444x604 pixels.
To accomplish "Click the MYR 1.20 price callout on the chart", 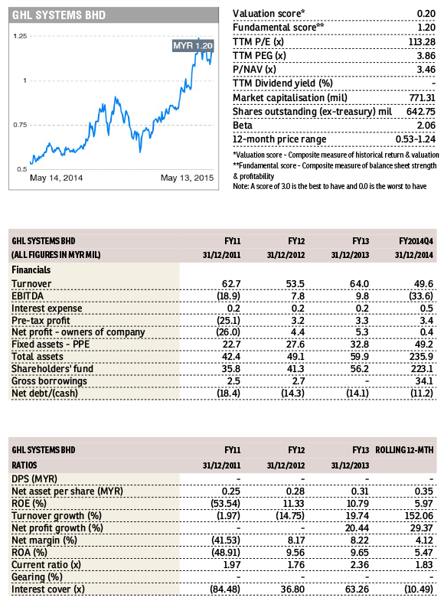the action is click(193, 46).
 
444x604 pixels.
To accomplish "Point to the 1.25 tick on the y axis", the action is click(20, 36).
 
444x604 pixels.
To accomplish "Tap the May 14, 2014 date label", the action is click(56, 178).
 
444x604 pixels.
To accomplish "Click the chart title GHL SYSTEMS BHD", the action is click(59, 15).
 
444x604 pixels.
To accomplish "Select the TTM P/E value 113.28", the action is click(422, 42).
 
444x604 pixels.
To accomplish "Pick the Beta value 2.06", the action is click(426, 126).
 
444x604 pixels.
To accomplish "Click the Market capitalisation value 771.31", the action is click(422, 98).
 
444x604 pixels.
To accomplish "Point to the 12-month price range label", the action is click(279, 139).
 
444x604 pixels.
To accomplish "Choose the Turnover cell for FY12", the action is click(295, 284).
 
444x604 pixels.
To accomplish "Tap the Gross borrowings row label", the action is click(49, 381).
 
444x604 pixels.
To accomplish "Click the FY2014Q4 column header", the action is click(416, 241).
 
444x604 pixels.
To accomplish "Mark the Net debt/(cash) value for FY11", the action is click(229, 393).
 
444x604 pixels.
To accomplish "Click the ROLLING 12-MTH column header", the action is click(404, 450).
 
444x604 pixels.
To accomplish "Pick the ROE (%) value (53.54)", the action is click(225, 504).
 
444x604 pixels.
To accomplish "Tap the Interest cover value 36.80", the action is click(292, 589).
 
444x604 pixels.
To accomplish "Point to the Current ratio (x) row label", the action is click(46, 565).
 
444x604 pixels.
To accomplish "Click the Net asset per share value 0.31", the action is click(360, 491).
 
